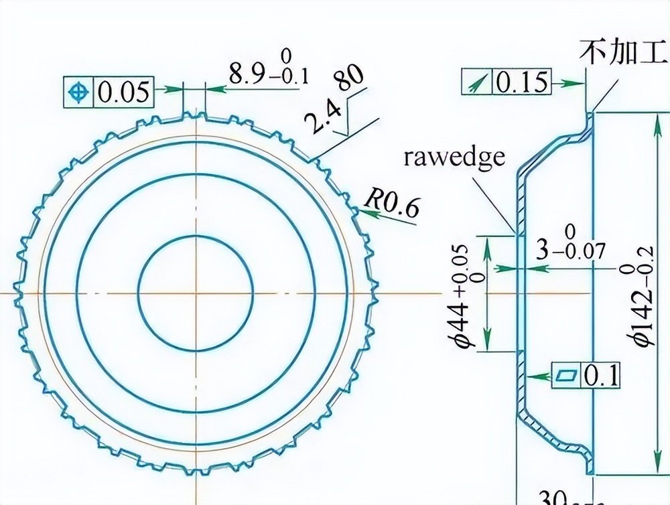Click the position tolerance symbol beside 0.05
point(79,92)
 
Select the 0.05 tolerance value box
point(123,92)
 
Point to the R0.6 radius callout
point(393,202)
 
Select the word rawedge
point(454,157)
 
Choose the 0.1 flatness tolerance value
point(602,375)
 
